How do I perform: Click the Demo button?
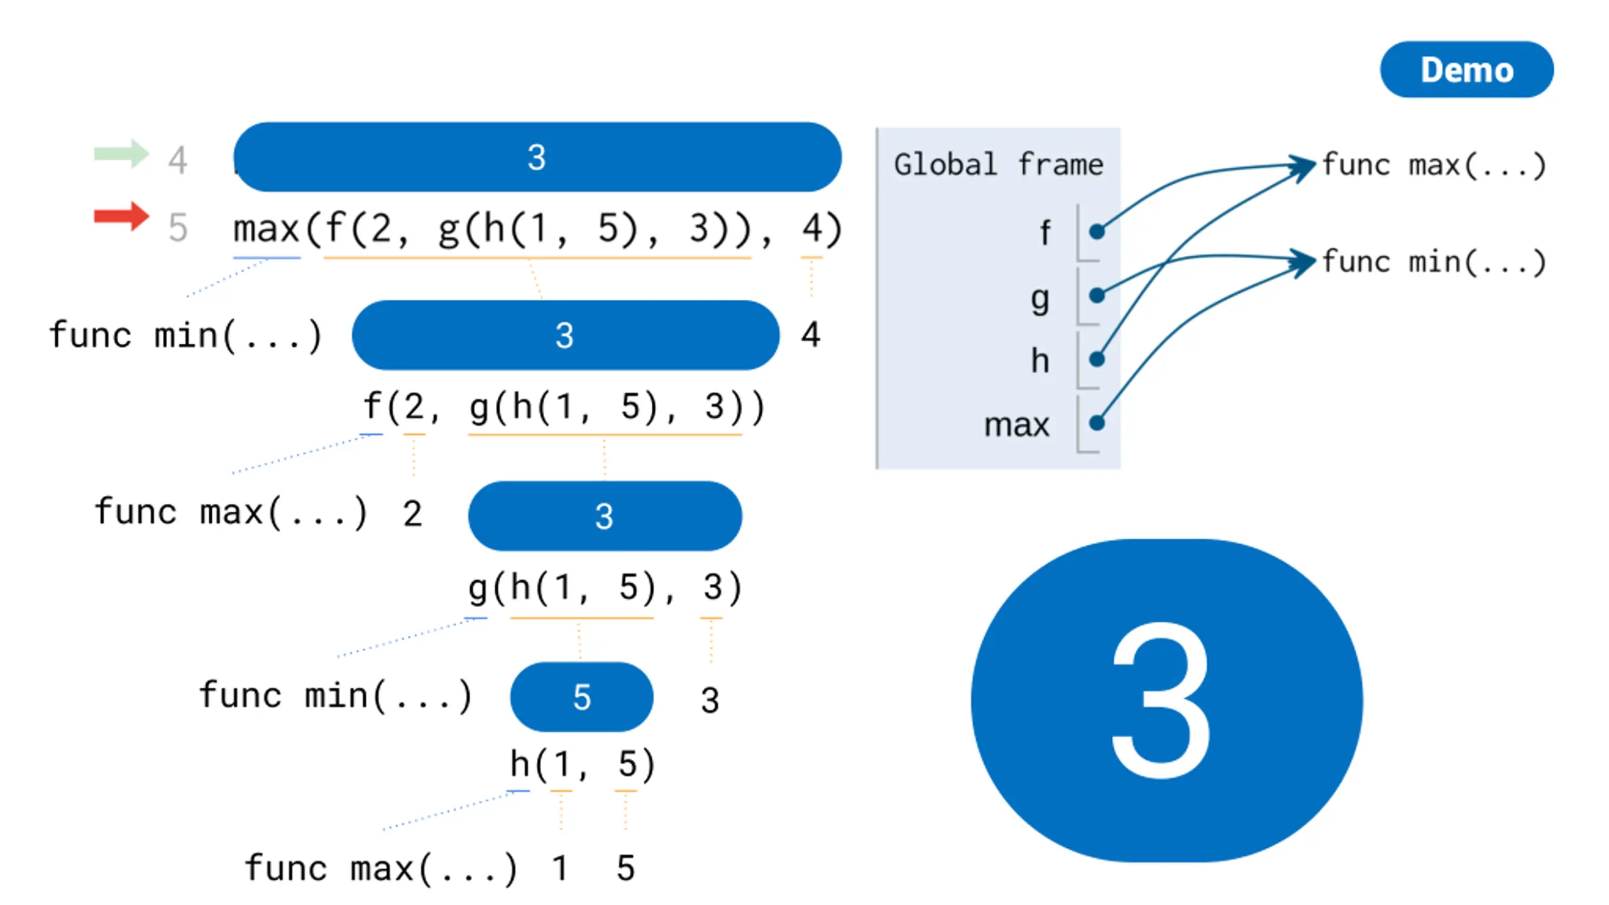tap(1466, 69)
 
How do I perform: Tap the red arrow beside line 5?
tap(121, 217)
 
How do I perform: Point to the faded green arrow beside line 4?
tap(121, 153)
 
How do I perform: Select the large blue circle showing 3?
tap(1167, 700)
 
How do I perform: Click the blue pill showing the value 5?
tap(581, 696)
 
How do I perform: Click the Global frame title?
tap(998, 165)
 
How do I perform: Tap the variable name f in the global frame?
tap(1044, 233)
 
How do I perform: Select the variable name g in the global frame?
tap(1040, 299)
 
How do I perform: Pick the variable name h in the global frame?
tap(1040, 360)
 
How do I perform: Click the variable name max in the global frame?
tap(1017, 425)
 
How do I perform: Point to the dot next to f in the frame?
tap(1097, 232)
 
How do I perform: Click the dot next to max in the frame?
tap(1097, 423)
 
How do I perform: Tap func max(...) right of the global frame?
tap(1434, 165)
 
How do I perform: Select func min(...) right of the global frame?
tap(1434, 262)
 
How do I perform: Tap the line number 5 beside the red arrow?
tap(178, 227)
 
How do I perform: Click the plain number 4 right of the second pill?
tap(810, 334)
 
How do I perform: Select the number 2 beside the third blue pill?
tap(412, 513)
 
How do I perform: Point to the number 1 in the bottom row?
tap(559, 869)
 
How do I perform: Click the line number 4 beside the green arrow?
tap(178, 160)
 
